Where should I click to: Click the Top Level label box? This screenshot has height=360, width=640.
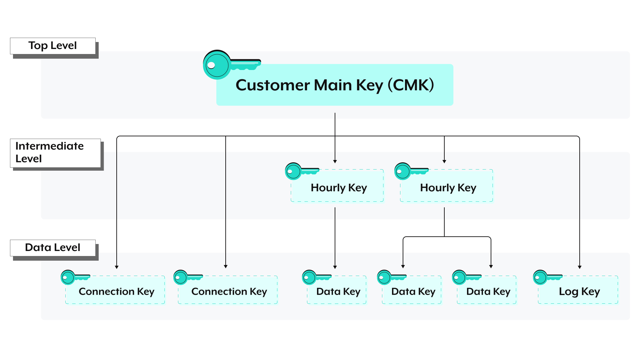(x=53, y=46)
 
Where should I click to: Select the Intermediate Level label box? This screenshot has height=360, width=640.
(x=55, y=153)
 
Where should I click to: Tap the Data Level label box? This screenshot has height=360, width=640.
(x=53, y=248)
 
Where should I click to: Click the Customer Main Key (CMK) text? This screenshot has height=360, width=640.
(x=335, y=85)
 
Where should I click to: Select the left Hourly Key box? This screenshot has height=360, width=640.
(x=337, y=186)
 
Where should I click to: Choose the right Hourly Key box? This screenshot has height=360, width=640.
(x=447, y=186)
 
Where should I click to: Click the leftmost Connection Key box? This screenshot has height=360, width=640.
(x=115, y=290)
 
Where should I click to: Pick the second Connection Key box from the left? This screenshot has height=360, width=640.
(x=228, y=290)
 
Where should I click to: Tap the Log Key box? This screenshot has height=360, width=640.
(x=578, y=290)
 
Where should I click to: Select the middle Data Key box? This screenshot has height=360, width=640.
(x=412, y=290)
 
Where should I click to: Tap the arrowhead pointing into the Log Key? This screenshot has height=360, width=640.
(x=580, y=267)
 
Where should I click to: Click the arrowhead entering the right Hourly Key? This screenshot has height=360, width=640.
(x=444, y=161)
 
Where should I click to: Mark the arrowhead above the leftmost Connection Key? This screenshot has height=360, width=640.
(x=117, y=267)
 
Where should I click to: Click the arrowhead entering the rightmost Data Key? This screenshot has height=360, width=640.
(x=491, y=266)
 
